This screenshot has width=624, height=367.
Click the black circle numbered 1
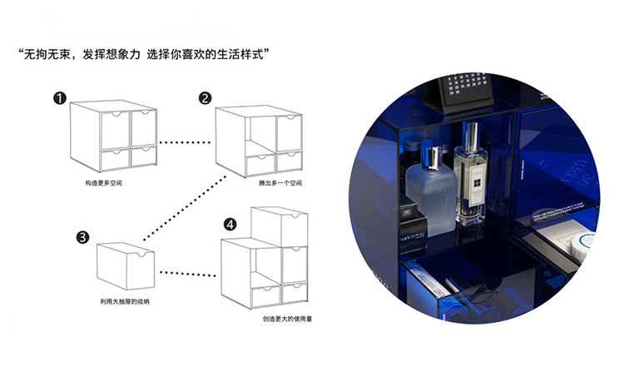tap(60, 98)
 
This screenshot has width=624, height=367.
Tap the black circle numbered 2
tap(206, 98)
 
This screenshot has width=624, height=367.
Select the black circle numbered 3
tap(82, 237)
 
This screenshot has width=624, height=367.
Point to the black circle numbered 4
tap(230, 224)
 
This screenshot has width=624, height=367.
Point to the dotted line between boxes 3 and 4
tap(188, 272)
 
